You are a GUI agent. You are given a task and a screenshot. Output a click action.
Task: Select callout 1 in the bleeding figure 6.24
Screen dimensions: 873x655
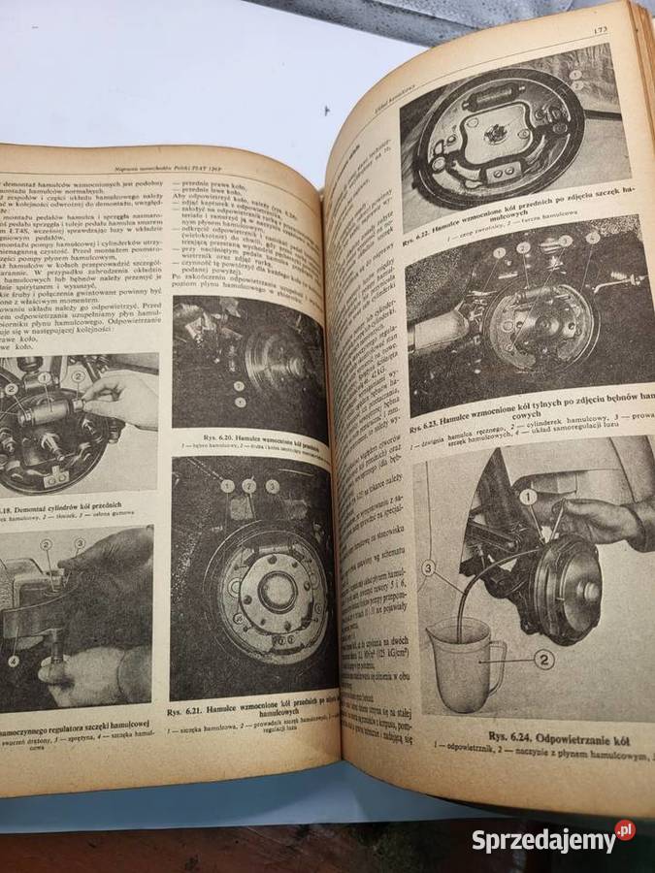tap(527, 497)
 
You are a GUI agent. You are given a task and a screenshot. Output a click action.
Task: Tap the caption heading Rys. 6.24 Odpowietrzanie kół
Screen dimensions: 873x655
tap(556, 735)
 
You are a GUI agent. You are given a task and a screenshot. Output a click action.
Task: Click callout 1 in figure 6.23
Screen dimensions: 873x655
tap(498, 253)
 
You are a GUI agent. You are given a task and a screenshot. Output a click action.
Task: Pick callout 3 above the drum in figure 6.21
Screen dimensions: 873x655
tap(273, 485)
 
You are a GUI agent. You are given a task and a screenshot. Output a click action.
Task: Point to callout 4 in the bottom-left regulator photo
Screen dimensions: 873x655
tap(14, 662)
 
